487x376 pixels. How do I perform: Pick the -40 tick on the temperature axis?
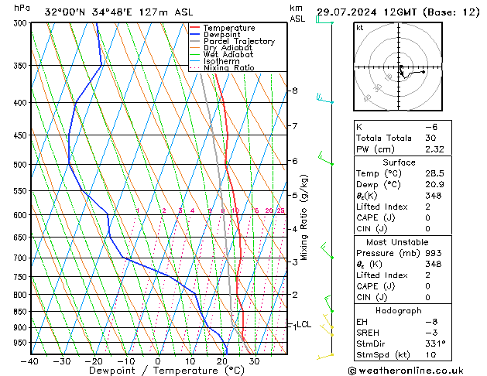click(x=30, y=361)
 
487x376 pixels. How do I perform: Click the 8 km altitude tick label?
click(x=294, y=91)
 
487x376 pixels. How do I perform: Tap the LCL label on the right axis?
click(x=304, y=325)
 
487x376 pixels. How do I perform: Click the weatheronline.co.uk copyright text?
click(x=414, y=369)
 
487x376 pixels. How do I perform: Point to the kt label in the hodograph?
click(x=360, y=28)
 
